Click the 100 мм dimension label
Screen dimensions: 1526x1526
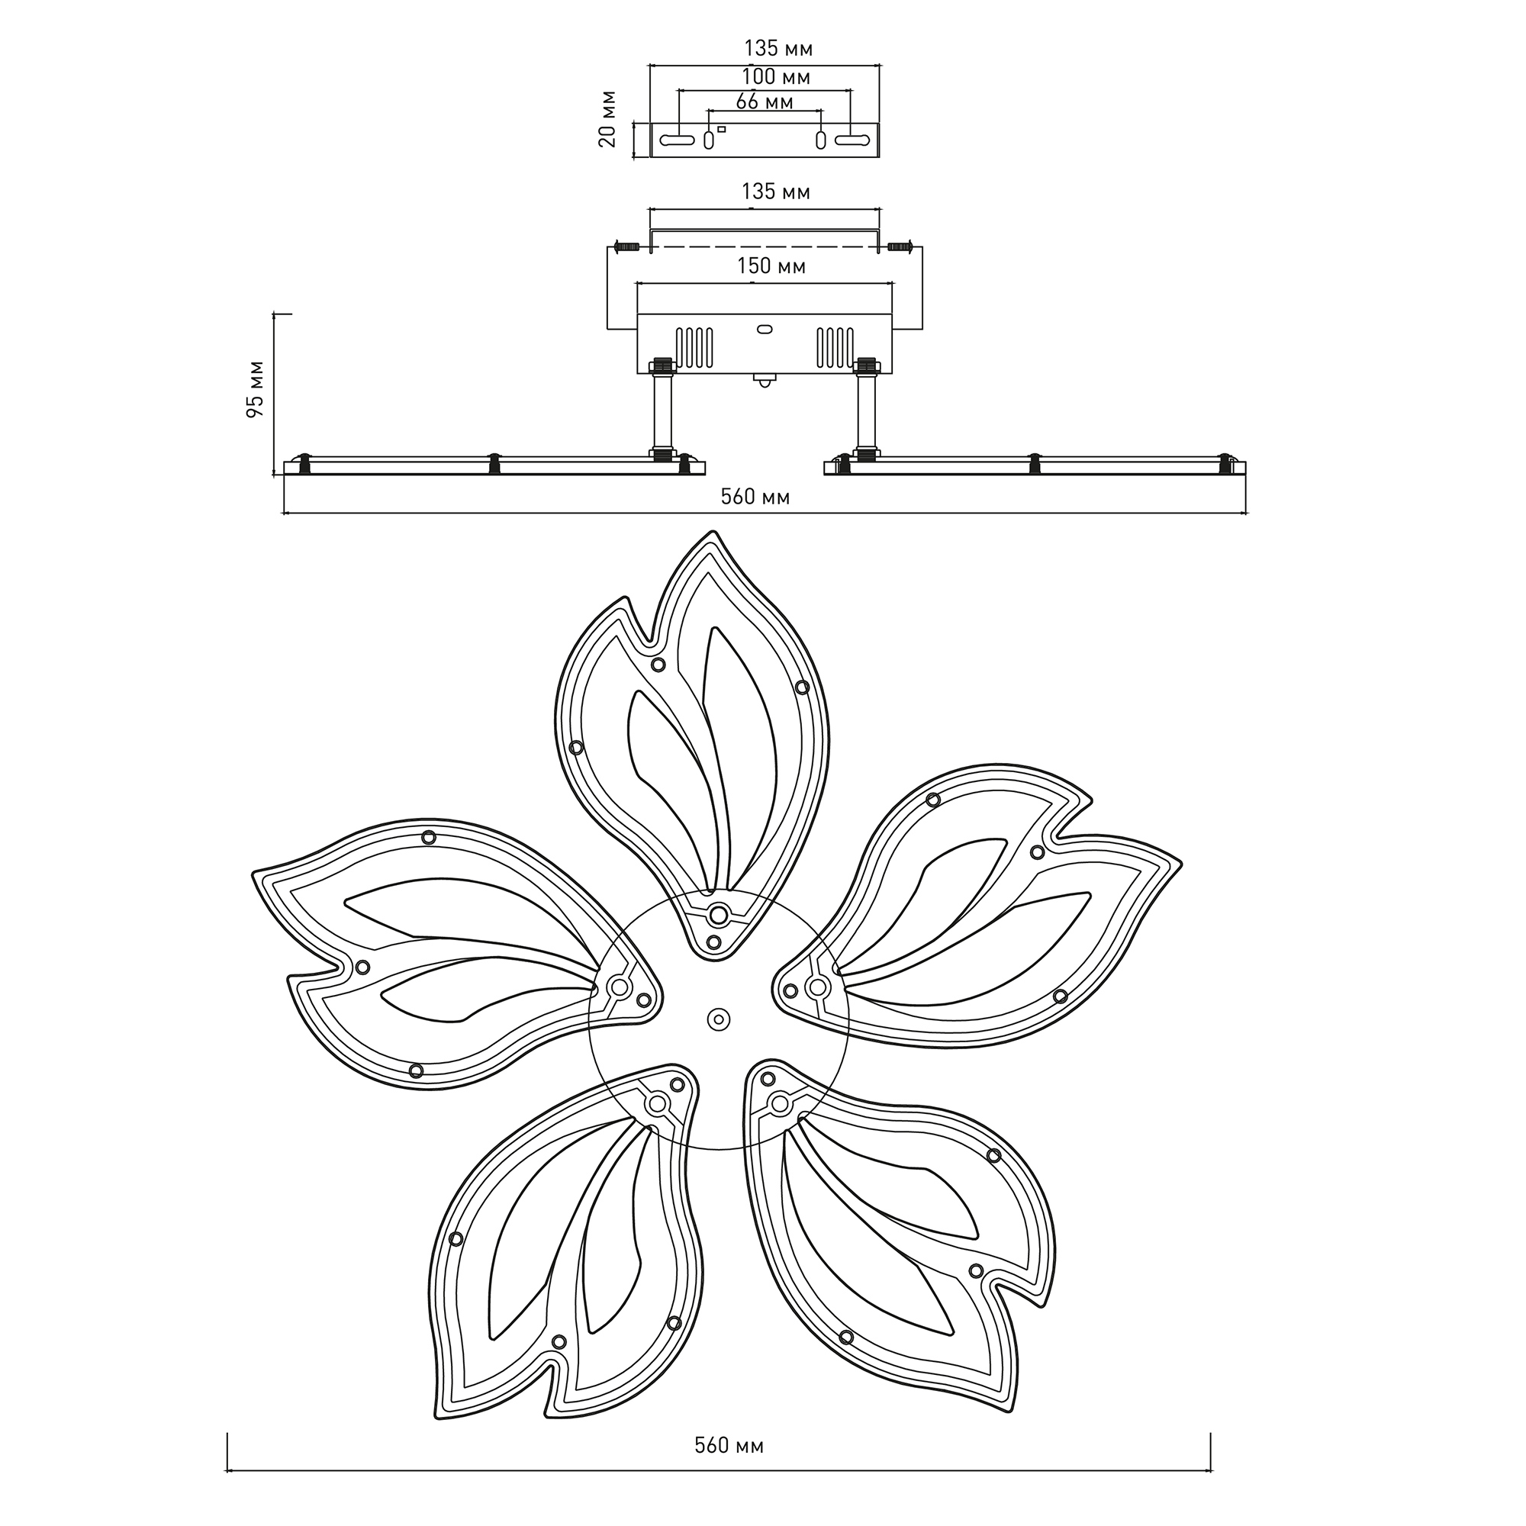(x=776, y=77)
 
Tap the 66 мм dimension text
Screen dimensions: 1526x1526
(x=764, y=102)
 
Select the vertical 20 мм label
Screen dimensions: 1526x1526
(x=607, y=118)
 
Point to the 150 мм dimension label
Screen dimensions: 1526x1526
(x=771, y=266)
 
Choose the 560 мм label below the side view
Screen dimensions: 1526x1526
(x=755, y=497)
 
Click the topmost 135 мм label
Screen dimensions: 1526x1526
(x=778, y=49)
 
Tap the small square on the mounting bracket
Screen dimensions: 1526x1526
(x=721, y=129)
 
